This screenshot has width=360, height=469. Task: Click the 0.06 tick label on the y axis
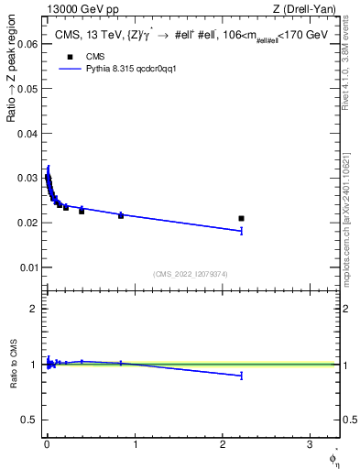27,43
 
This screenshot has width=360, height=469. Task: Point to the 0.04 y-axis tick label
27,133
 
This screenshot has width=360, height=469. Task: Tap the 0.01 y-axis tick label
27,267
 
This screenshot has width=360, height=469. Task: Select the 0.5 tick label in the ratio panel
31,420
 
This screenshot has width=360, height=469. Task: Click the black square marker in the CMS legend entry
69,56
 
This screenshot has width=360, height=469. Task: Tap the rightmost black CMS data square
241,218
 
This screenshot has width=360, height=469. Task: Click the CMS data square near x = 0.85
121,215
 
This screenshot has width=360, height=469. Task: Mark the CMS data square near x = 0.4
82,211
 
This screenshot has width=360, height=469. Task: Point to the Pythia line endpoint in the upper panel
241,231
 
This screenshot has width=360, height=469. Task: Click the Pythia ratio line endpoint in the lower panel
241,376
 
